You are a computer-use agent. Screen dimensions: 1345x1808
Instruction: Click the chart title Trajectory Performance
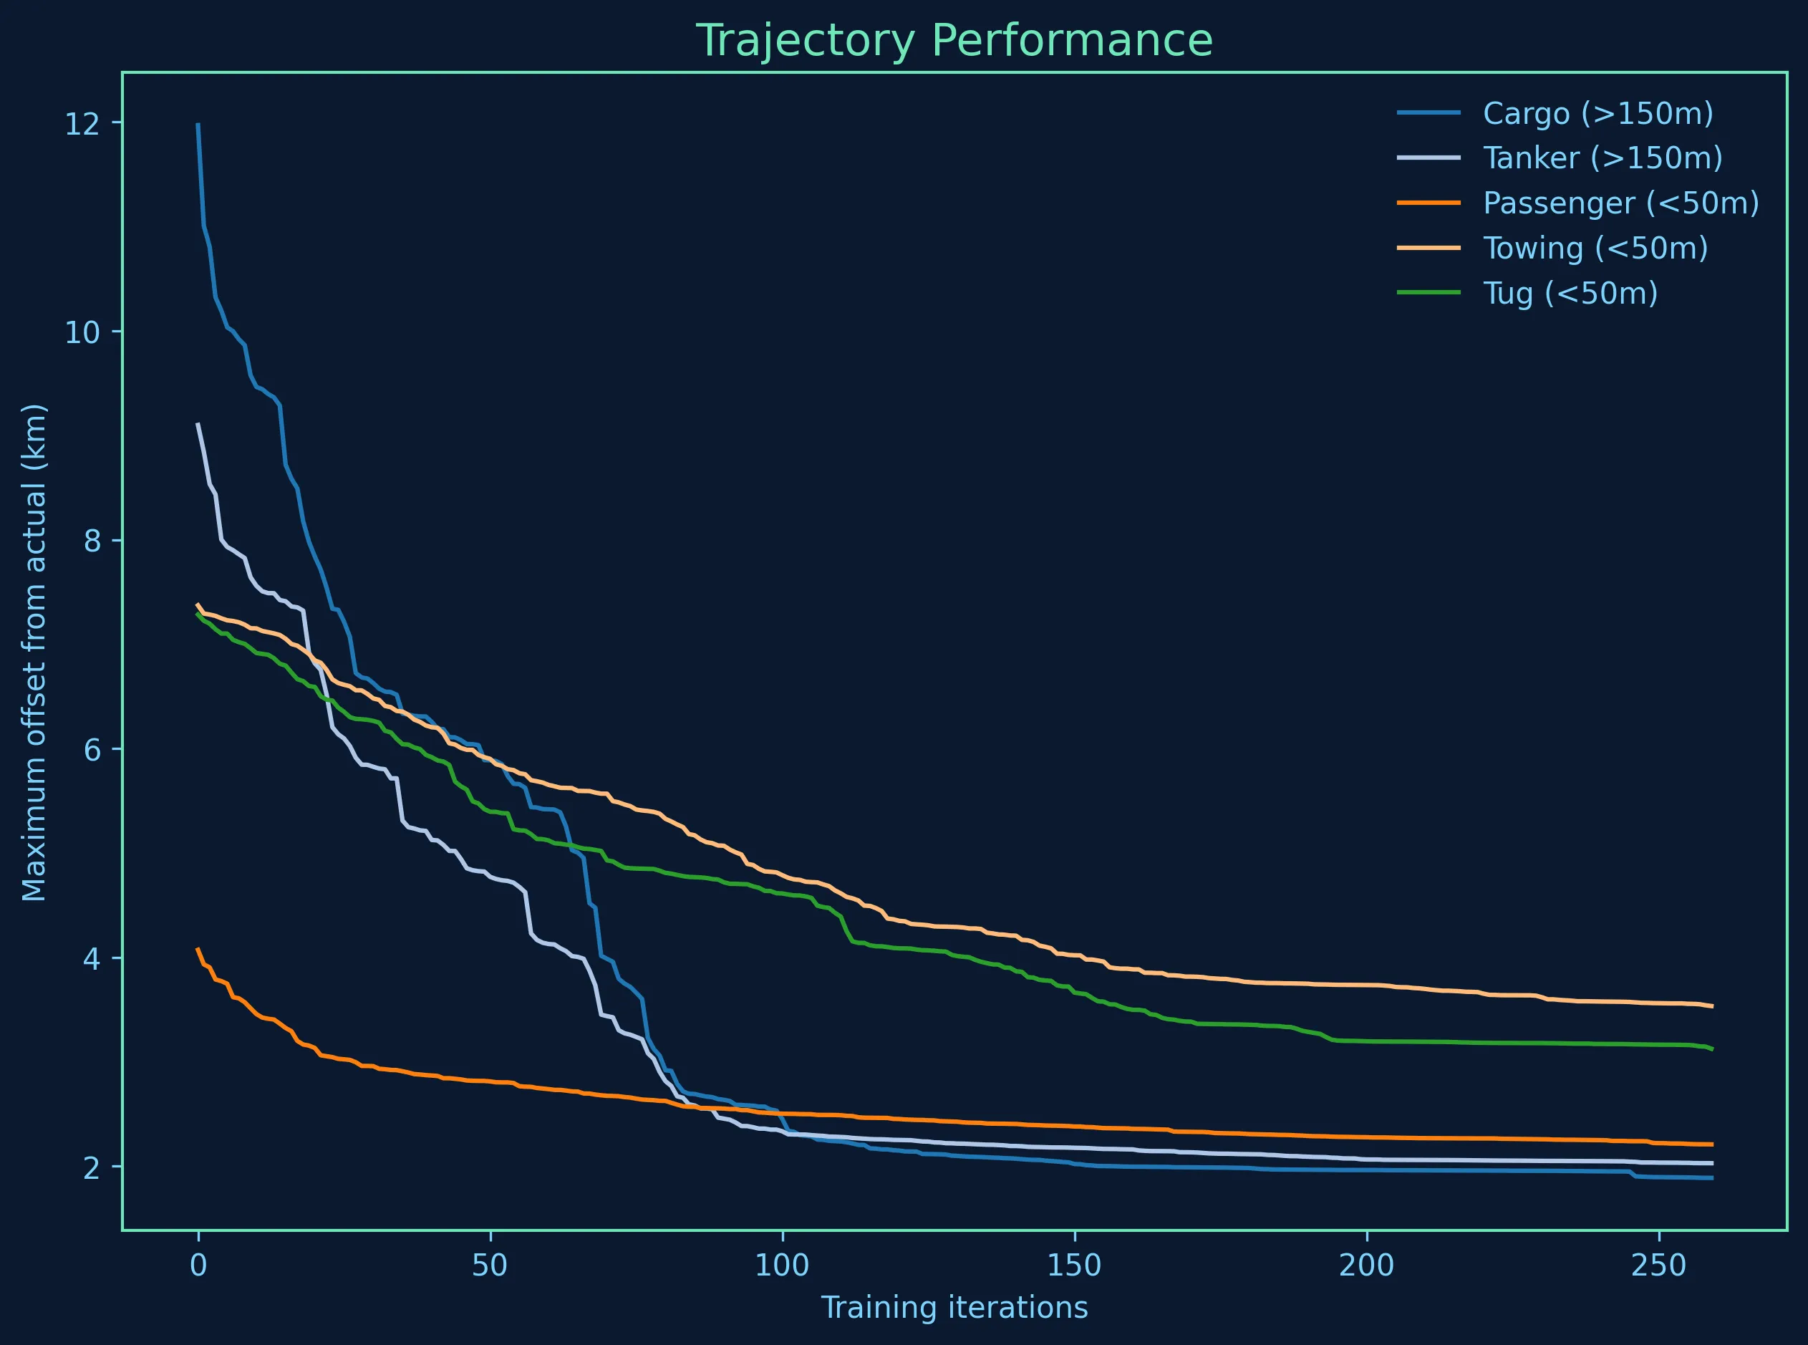pyautogui.click(x=954, y=41)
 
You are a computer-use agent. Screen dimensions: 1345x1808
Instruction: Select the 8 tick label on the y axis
pyautogui.click(x=91, y=541)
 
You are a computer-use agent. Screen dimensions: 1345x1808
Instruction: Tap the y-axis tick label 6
pyautogui.click(x=91, y=749)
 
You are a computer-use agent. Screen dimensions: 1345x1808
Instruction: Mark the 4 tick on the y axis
pyautogui.click(x=91, y=958)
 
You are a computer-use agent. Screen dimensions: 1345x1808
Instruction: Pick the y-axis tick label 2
pyautogui.click(x=91, y=1167)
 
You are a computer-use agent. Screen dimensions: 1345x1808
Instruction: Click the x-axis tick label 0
pyautogui.click(x=198, y=1266)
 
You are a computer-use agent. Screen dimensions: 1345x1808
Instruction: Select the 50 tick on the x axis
pyautogui.click(x=490, y=1266)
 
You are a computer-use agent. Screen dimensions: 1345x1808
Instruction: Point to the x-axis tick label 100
pyautogui.click(x=783, y=1266)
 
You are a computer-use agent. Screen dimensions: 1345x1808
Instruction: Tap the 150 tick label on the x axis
pyautogui.click(x=1075, y=1266)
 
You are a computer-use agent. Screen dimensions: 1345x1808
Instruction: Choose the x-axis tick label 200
pyautogui.click(x=1367, y=1266)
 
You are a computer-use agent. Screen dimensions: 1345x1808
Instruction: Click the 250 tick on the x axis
pyautogui.click(x=1659, y=1266)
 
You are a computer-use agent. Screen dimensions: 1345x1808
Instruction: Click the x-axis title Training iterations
pyautogui.click(x=954, y=1308)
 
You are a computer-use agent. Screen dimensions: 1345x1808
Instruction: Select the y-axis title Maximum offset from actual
pyautogui.click(x=35, y=651)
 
